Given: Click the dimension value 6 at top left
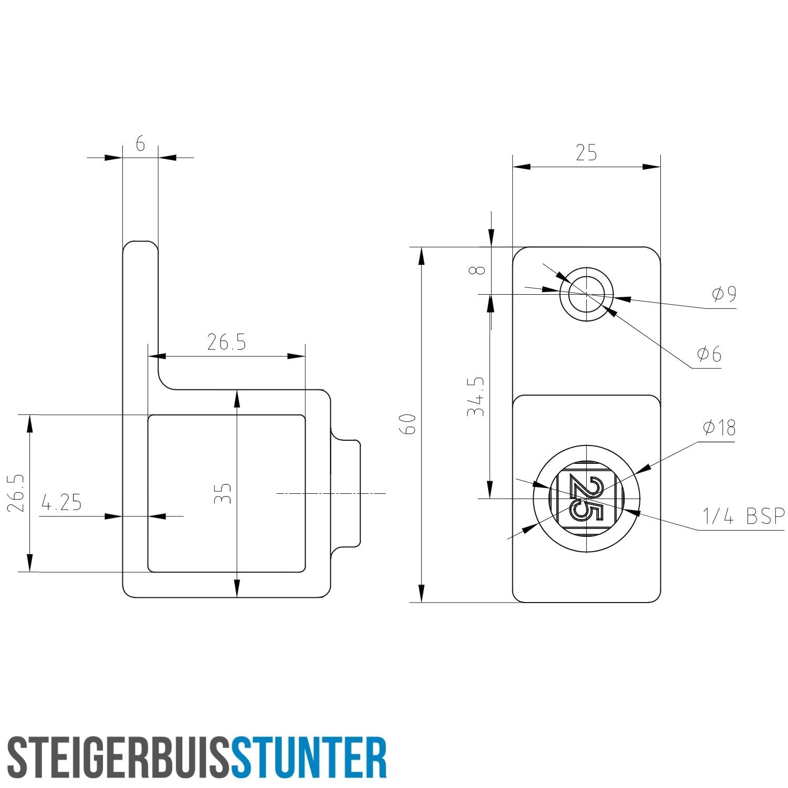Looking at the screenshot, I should pyautogui.click(x=140, y=143).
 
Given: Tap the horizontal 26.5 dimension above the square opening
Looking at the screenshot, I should pyautogui.click(x=226, y=343).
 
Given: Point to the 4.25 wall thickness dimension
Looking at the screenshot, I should pyautogui.click(x=62, y=503).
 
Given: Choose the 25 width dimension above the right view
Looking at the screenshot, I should pyautogui.click(x=586, y=153).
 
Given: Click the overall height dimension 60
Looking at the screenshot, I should pyautogui.click(x=408, y=424).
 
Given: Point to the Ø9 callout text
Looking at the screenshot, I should pyautogui.click(x=724, y=295).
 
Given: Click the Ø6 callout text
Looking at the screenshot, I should pyautogui.click(x=709, y=355).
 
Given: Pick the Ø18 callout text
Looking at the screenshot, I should pyautogui.click(x=719, y=428).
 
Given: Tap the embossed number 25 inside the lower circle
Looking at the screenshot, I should pyautogui.click(x=586, y=498).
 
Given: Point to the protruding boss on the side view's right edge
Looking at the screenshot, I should pyautogui.click(x=347, y=494).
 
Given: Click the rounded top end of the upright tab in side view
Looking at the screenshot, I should pyautogui.click(x=140, y=245).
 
